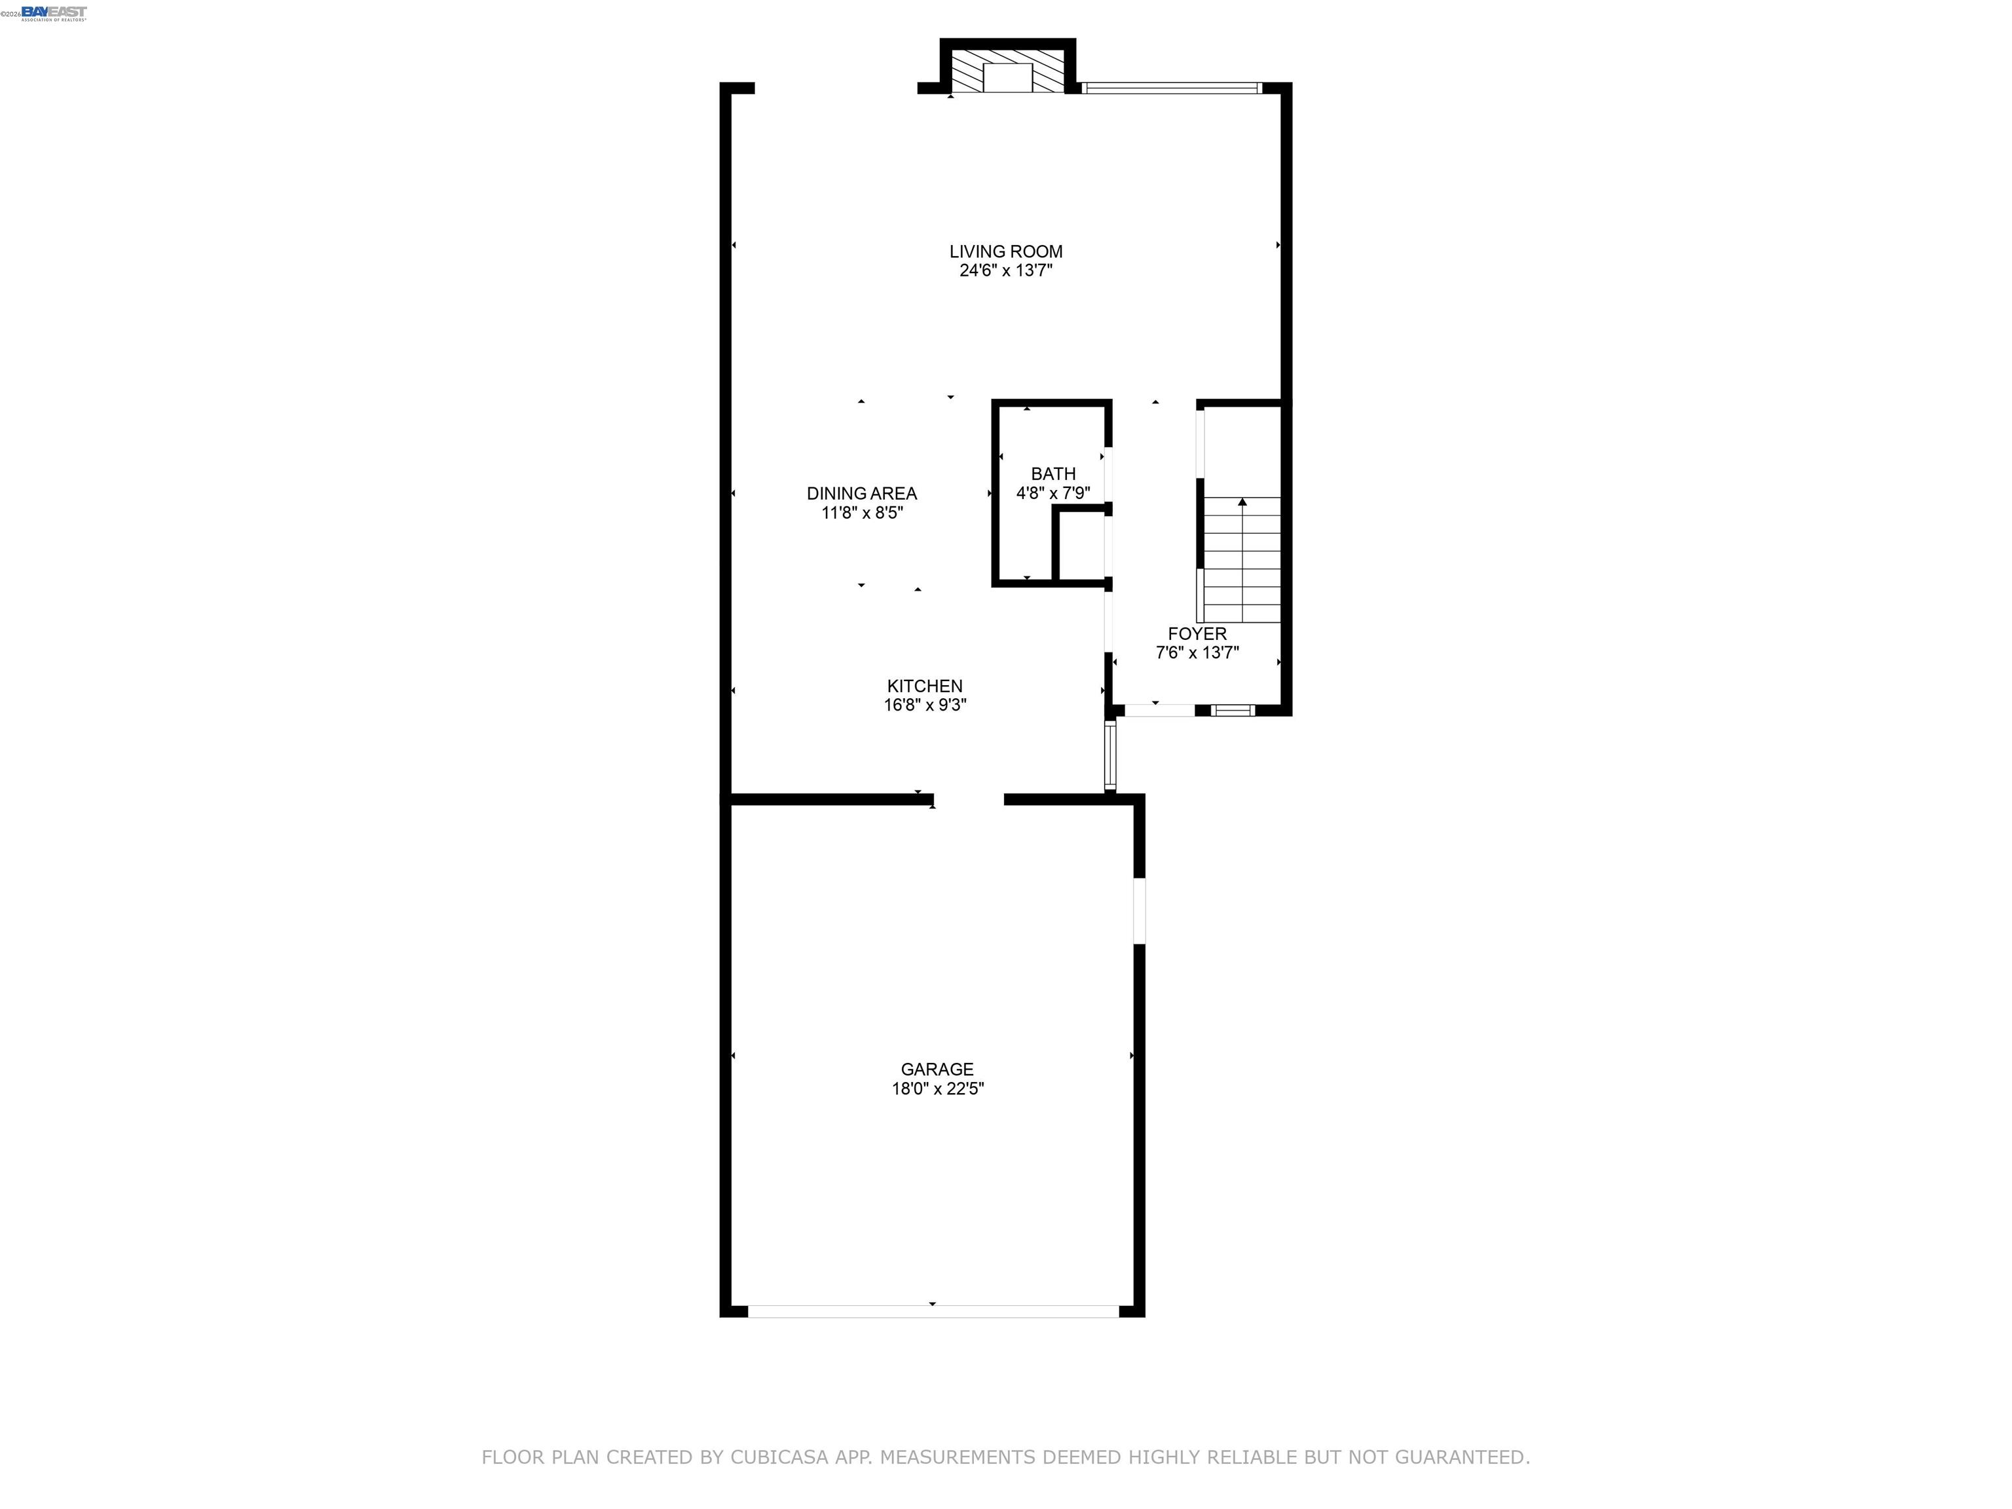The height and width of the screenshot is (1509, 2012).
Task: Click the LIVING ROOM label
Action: coord(1006,251)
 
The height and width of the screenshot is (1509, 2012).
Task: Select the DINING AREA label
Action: coord(861,493)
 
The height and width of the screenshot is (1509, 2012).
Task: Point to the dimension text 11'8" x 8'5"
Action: coord(861,513)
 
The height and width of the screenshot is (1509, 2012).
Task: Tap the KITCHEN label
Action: coord(925,686)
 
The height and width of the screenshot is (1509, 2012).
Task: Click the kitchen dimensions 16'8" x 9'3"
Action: coord(925,705)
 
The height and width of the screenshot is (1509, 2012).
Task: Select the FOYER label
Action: coord(1197,633)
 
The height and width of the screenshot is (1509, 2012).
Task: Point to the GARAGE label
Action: coord(937,1069)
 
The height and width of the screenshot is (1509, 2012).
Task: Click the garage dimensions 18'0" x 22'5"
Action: coord(937,1089)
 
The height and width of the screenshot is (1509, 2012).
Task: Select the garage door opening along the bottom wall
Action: coord(933,1311)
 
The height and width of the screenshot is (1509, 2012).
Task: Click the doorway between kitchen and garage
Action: coord(969,800)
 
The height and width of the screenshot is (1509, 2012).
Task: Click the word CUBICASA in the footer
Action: coord(779,1457)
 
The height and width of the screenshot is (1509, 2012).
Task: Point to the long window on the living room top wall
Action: coord(1172,88)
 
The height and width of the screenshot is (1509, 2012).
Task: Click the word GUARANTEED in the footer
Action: coord(1462,1457)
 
